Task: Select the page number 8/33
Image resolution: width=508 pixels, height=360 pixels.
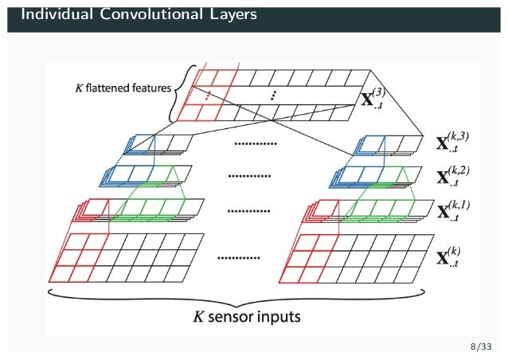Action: (481, 346)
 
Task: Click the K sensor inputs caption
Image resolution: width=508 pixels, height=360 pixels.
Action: (248, 317)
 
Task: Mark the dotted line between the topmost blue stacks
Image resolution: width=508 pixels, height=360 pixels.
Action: (255, 144)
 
